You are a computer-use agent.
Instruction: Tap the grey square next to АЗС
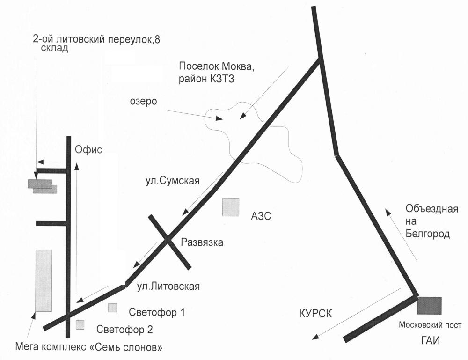point(231,207)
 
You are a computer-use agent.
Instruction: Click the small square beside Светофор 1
point(112,308)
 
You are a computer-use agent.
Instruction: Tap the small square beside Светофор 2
point(80,324)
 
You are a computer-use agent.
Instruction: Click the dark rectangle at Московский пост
point(429,305)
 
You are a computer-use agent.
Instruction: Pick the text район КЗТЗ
point(205,79)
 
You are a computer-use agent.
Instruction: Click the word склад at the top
point(57,49)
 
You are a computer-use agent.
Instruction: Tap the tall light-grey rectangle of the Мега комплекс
point(44,280)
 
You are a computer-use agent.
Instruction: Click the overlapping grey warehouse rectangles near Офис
point(42,186)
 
